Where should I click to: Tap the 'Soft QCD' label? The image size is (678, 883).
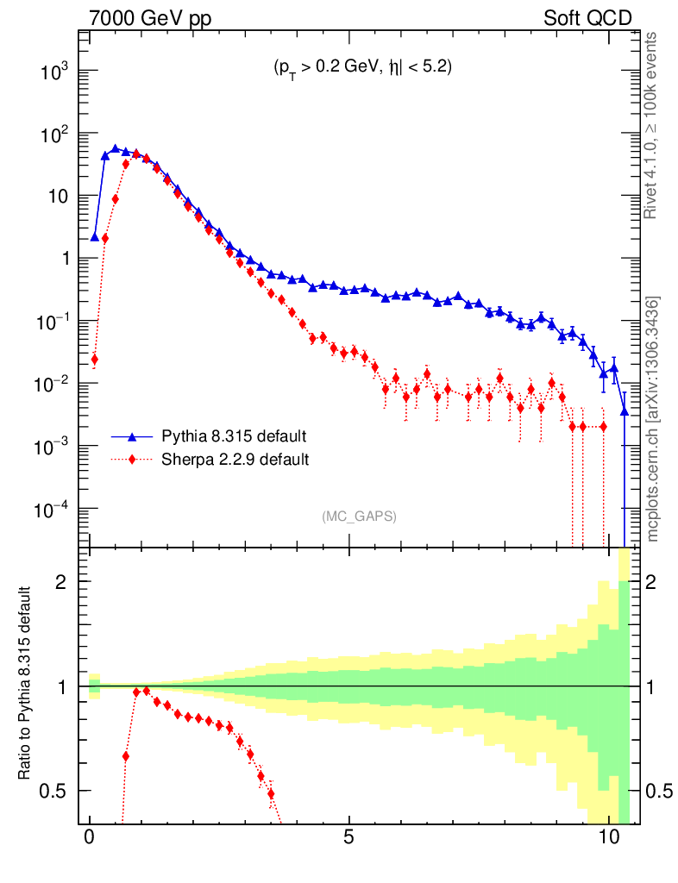587,18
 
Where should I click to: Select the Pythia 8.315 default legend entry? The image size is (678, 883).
234,435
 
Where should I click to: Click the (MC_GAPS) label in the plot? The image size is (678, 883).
359,517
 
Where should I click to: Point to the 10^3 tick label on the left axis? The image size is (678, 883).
53,72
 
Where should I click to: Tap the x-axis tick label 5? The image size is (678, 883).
349,836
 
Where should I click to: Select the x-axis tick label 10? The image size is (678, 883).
609,836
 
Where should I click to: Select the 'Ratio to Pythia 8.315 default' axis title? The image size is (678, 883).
25,685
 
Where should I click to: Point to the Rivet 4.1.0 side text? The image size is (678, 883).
653,126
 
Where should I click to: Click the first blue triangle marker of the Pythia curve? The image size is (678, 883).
95,236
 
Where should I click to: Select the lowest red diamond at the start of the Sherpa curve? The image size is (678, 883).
94,360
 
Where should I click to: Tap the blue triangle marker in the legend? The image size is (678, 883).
133,435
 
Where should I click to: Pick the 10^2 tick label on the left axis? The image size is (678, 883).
53,135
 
